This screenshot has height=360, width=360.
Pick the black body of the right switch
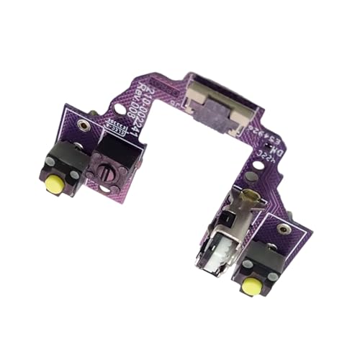pyautogui.click(x=261, y=253)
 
